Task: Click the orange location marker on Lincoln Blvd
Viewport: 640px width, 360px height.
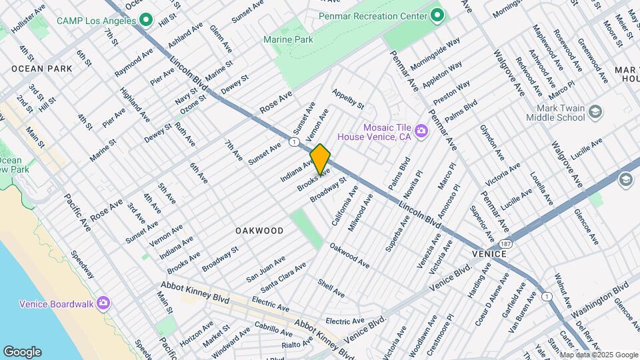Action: (320, 159)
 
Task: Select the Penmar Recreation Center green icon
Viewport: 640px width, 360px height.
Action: (437, 15)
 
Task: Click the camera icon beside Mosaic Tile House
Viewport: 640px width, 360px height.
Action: (421, 131)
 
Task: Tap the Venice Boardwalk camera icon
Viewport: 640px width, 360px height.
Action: (103, 303)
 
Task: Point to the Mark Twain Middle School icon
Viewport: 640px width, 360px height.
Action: (595, 112)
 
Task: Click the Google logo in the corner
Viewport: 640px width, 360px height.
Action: (21, 352)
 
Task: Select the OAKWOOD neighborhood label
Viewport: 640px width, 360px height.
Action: (259, 231)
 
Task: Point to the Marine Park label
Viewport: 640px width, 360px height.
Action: (289, 40)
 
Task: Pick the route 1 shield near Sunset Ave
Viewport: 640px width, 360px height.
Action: (293, 142)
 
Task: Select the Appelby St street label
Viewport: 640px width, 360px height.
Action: (348, 100)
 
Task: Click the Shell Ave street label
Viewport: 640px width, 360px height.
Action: (331, 288)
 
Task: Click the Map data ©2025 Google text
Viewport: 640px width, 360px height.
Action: (598, 355)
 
